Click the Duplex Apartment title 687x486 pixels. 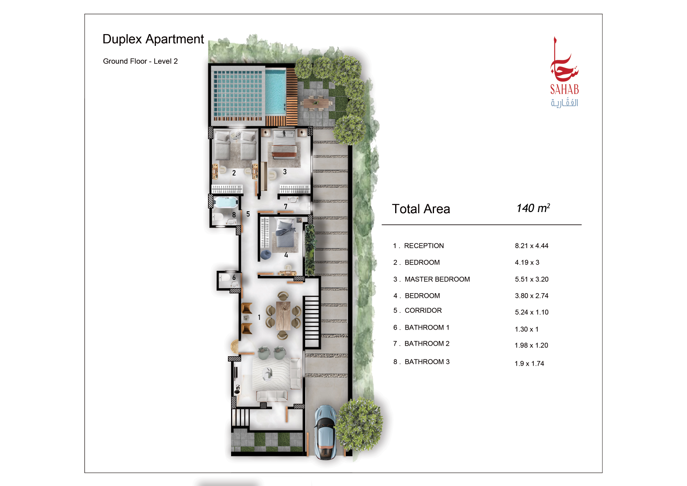point(153,39)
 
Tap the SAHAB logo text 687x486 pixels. point(564,90)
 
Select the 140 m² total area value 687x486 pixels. point(533,208)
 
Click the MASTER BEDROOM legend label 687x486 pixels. point(437,279)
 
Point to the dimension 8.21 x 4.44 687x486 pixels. point(532,246)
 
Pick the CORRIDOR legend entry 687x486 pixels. point(423,310)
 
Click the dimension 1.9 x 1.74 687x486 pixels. point(529,363)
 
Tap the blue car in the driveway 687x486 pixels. point(325,432)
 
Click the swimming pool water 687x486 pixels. point(275,91)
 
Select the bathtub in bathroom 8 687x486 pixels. point(226,203)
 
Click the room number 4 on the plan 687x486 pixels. point(286,255)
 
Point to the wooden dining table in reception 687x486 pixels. point(283,315)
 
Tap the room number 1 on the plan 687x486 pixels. point(259,317)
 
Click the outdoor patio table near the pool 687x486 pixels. point(316,103)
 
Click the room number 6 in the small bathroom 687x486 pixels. point(234,277)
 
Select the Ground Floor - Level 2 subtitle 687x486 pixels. point(140,61)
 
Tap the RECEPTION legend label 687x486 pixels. point(424,246)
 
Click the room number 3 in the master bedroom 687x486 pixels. point(285,172)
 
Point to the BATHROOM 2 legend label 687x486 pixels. point(427,343)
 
